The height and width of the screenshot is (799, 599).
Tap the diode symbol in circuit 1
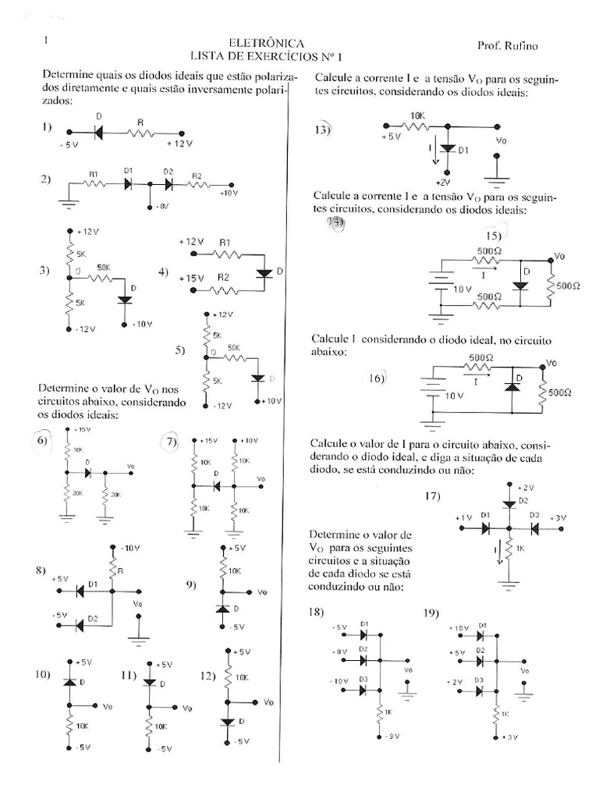100,133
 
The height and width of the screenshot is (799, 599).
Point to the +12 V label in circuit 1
180,144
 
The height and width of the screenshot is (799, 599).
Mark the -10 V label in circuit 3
143,323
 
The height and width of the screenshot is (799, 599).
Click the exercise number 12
206,676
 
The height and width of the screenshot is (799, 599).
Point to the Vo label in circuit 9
261,591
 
